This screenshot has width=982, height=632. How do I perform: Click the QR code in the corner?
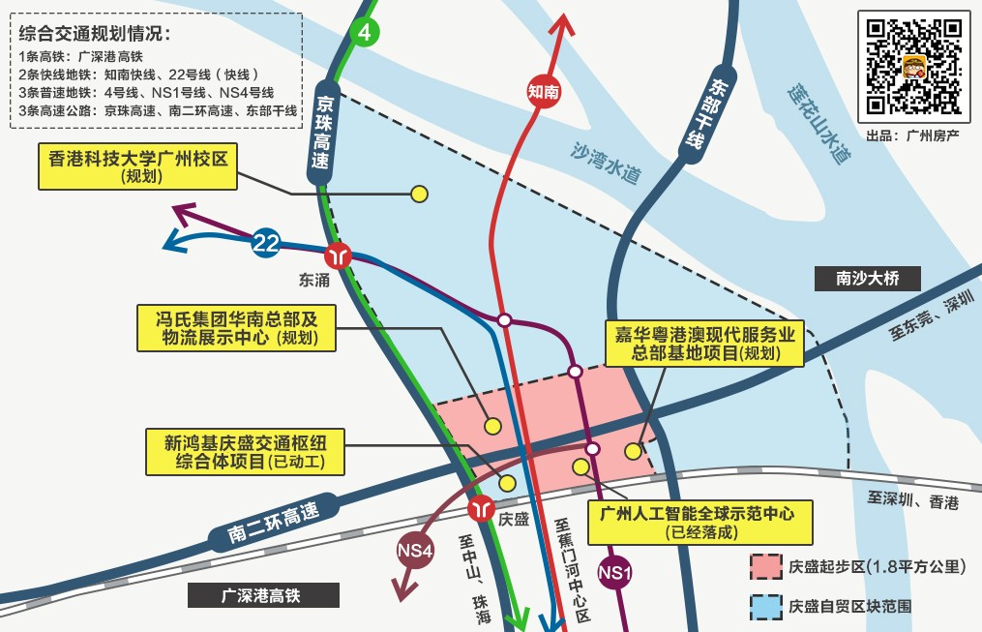tap(913, 64)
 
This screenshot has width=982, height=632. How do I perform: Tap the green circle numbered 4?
tap(364, 32)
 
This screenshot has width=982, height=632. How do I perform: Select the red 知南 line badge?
tap(544, 91)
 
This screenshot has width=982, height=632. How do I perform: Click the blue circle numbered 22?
tap(266, 243)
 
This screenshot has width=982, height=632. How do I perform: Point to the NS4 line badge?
tap(415, 550)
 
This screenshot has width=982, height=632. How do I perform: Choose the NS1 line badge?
tap(615, 573)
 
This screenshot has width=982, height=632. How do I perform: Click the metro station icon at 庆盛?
tap(481, 508)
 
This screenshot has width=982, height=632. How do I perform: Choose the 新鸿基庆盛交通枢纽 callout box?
tap(244, 452)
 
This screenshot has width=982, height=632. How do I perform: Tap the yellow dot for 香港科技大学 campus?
tap(419, 194)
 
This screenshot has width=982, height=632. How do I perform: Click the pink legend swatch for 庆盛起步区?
tap(765, 566)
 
